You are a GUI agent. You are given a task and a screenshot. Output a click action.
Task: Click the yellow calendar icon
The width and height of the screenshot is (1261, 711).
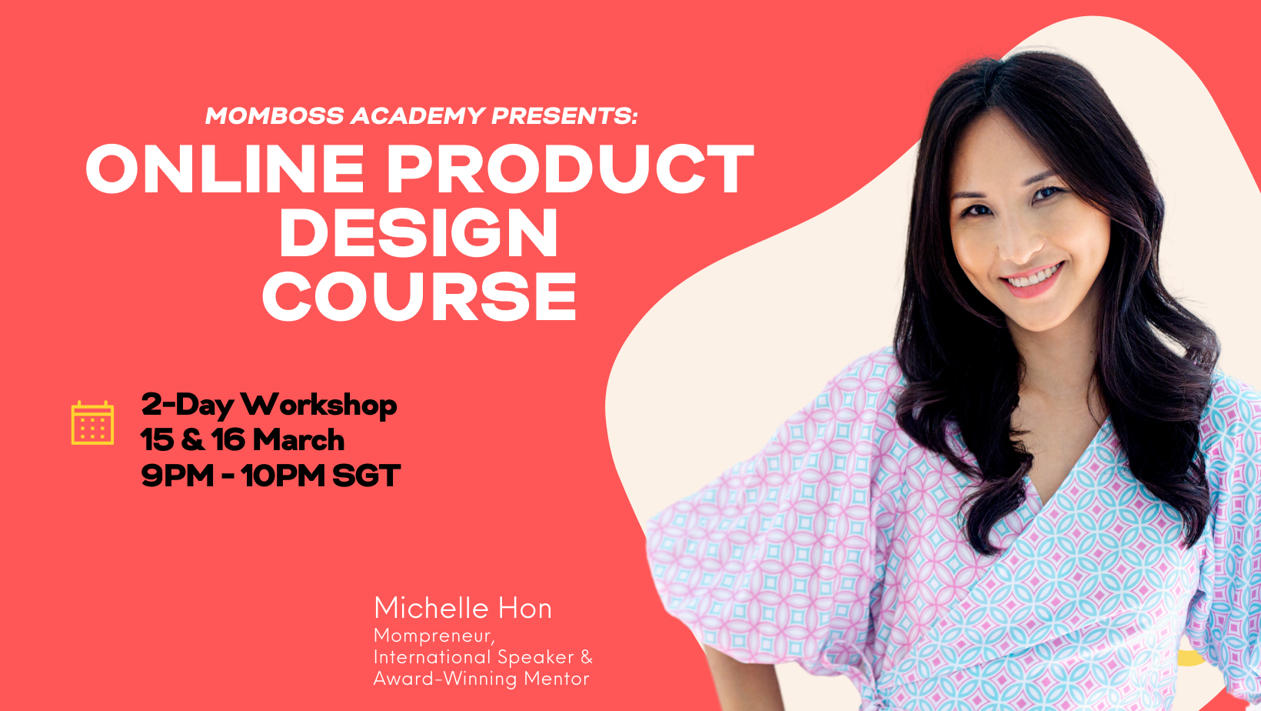point(92,422)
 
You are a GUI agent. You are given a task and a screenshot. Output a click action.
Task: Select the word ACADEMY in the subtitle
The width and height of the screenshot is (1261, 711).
point(418,115)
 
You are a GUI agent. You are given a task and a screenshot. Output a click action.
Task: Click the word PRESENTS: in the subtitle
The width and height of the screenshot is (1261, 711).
point(564,115)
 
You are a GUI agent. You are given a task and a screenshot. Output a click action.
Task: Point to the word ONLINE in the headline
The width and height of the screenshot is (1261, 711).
point(225,169)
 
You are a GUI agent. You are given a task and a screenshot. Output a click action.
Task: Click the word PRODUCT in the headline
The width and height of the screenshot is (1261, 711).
point(571,169)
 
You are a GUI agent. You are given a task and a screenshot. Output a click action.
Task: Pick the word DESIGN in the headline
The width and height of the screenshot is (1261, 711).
point(419,232)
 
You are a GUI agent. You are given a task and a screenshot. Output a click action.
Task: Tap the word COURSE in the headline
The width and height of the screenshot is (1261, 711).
point(419,296)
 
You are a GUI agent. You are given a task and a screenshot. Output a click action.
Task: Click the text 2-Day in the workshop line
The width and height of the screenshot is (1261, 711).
point(187,405)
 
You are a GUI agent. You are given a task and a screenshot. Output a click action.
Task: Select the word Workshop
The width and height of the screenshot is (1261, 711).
point(319,405)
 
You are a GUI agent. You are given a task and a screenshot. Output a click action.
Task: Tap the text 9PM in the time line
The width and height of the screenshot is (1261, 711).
point(178,476)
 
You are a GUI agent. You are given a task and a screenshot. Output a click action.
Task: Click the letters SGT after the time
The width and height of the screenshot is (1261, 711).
point(367,476)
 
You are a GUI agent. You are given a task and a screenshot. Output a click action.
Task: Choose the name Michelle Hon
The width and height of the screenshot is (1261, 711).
point(463,609)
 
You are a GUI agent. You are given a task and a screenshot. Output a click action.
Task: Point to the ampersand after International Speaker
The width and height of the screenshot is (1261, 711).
point(587,657)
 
